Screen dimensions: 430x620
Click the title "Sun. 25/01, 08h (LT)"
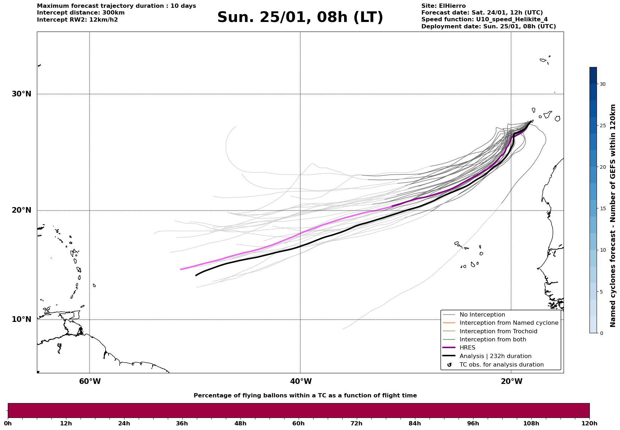coord(300,17)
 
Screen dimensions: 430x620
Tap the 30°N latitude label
coord(21,94)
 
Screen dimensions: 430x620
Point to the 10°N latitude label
coord(21,319)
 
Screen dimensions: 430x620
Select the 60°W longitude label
coord(90,381)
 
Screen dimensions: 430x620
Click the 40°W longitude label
coord(301,381)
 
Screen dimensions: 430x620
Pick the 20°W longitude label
coord(511,381)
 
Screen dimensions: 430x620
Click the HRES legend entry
coord(467,348)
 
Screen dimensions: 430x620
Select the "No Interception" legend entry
coord(482,315)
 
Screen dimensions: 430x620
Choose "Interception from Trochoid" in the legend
coord(498,331)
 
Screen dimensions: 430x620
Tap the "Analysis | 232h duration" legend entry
coord(495,356)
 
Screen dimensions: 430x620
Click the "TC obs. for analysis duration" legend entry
coord(501,365)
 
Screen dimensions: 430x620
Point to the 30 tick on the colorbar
coord(602,84)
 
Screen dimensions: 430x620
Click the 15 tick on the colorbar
coord(602,208)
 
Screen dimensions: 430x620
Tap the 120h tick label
coord(589,423)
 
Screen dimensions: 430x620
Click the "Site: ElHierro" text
coord(443,6)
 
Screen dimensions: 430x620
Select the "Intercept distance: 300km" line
coord(81,13)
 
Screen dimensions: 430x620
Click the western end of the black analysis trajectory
coord(196,275)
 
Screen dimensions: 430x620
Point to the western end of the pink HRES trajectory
coord(181,269)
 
